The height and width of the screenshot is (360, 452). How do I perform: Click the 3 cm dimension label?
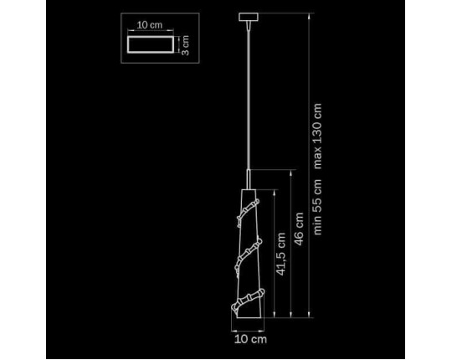186,45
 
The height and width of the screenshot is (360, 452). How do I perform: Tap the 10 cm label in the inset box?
150,25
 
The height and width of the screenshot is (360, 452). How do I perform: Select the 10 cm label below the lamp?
250,339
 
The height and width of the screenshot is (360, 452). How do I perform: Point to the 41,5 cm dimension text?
280,254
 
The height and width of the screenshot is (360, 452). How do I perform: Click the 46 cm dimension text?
299,229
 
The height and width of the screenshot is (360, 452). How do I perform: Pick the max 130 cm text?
317,136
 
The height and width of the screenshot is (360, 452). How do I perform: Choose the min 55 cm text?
317,207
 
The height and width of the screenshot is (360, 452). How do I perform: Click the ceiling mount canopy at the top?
249,17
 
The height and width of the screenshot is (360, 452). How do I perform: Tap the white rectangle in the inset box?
151,44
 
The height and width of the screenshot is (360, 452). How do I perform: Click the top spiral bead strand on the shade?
248,212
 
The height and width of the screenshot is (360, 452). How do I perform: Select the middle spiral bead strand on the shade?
249,255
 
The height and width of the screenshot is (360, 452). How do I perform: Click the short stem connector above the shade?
249,179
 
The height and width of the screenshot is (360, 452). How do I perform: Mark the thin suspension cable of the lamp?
249,97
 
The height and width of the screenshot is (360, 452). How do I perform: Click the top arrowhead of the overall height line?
310,16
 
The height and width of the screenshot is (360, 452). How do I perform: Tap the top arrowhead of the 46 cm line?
291,172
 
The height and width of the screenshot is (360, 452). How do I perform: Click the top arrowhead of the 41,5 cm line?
275,193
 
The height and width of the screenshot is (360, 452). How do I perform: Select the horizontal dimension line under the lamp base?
248,331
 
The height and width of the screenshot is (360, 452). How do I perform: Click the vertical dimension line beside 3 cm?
179,44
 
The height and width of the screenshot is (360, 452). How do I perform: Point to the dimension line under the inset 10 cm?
151,30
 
